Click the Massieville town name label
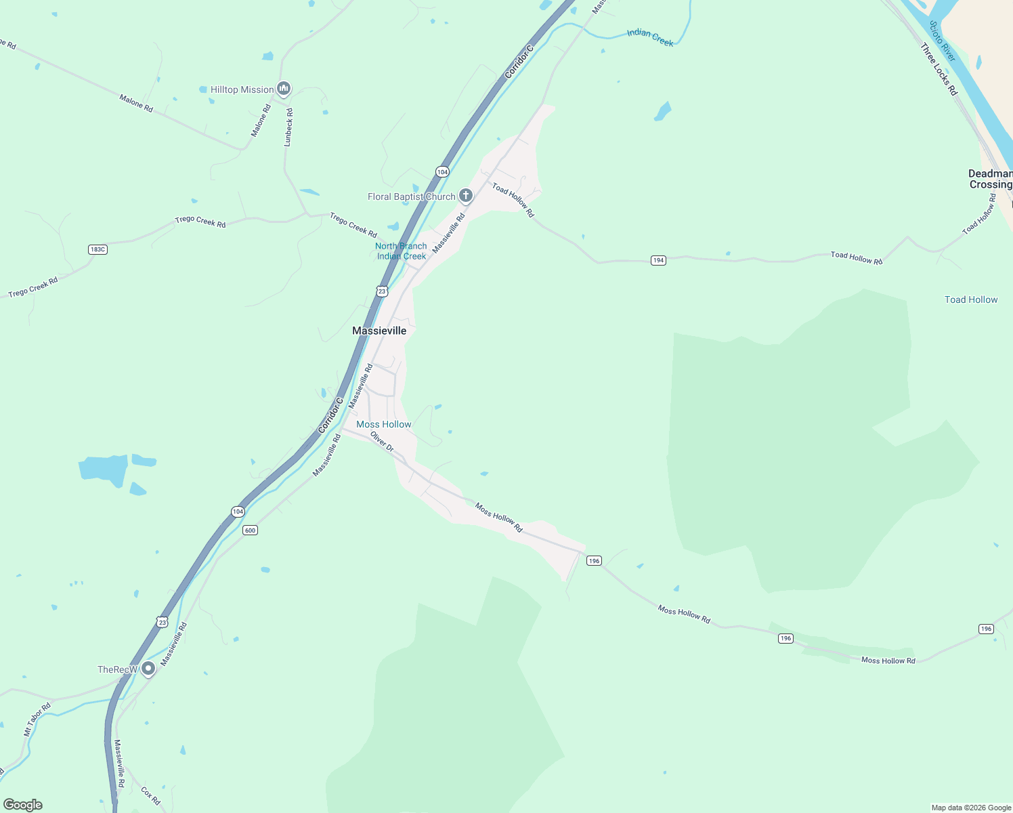point(379,331)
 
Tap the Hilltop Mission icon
point(284,89)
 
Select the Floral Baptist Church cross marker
point(465,196)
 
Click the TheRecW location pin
point(148,669)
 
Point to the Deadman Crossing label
point(990,179)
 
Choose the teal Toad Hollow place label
point(971,299)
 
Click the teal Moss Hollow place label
point(383,424)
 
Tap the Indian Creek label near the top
point(650,37)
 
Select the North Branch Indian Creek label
point(401,251)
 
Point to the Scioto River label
point(942,41)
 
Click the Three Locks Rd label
point(939,69)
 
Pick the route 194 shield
point(658,260)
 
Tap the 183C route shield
point(98,249)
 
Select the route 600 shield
point(250,530)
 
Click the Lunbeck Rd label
point(288,127)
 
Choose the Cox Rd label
point(150,795)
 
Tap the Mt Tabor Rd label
point(37,720)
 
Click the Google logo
point(23,805)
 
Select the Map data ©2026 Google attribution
point(971,808)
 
